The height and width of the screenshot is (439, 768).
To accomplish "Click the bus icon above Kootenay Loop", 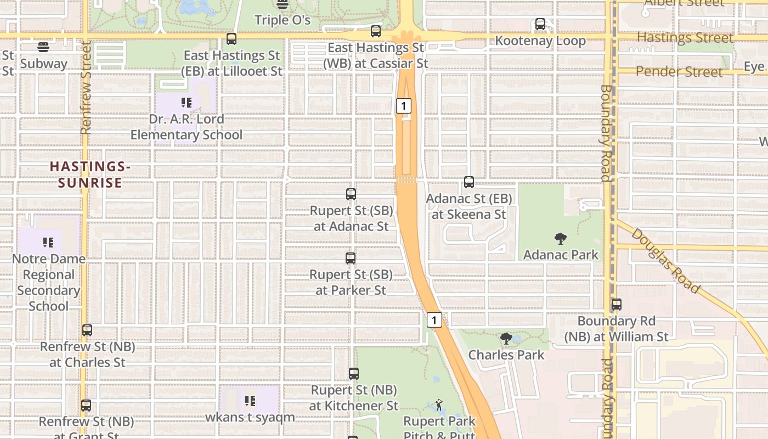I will pyautogui.click(x=540, y=24).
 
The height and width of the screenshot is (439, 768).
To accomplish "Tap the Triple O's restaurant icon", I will pyautogui.click(x=283, y=4).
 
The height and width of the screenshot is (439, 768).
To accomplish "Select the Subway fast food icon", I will pyautogui.click(x=43, y=47).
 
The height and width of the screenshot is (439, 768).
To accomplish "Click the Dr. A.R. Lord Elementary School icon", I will pyautogui.click(x=187, y=103).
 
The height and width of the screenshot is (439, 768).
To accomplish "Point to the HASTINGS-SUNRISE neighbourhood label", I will pyautogui.click(x=90, y=175).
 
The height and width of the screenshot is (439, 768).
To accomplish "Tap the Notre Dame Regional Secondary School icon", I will pyautogui.click(x=48, y=242).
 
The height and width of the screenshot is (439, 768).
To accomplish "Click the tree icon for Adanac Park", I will pyautogui.click(x=560, y=239).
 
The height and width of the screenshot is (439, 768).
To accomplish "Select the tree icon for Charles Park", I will pyautogui.click(x=506, y=339).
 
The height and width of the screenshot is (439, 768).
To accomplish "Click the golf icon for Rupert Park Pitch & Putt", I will pyautogui.click(x=438, y=405).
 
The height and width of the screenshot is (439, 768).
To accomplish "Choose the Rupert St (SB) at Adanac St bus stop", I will pyautogui.click(x=351, y=194).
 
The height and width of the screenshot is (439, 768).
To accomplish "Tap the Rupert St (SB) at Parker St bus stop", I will pyautogui.click(x=351, y=258).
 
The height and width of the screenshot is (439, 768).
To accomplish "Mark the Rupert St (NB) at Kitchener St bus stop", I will pyautogui.click(x=354, y=374).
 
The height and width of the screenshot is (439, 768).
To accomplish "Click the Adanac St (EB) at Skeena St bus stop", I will pyautogui.click(x=469, y=182).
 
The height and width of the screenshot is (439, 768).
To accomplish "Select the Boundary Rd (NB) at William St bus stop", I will pyautogui.click(x=617, y=305).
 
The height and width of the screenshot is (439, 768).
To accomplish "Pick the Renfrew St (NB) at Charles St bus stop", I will pyautogui.click(x=87, y=330).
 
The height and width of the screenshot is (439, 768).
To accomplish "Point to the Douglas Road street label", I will pyautogui.click(x=665, y=261).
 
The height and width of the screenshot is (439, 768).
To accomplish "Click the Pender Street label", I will pyautogui.click(x=679, y=72).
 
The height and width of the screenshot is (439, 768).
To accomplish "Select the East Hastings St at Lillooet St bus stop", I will pyautogui.click(x=231, y=39).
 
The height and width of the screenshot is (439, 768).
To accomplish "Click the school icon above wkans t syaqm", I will pyautogui.click(x=250, y=401).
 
